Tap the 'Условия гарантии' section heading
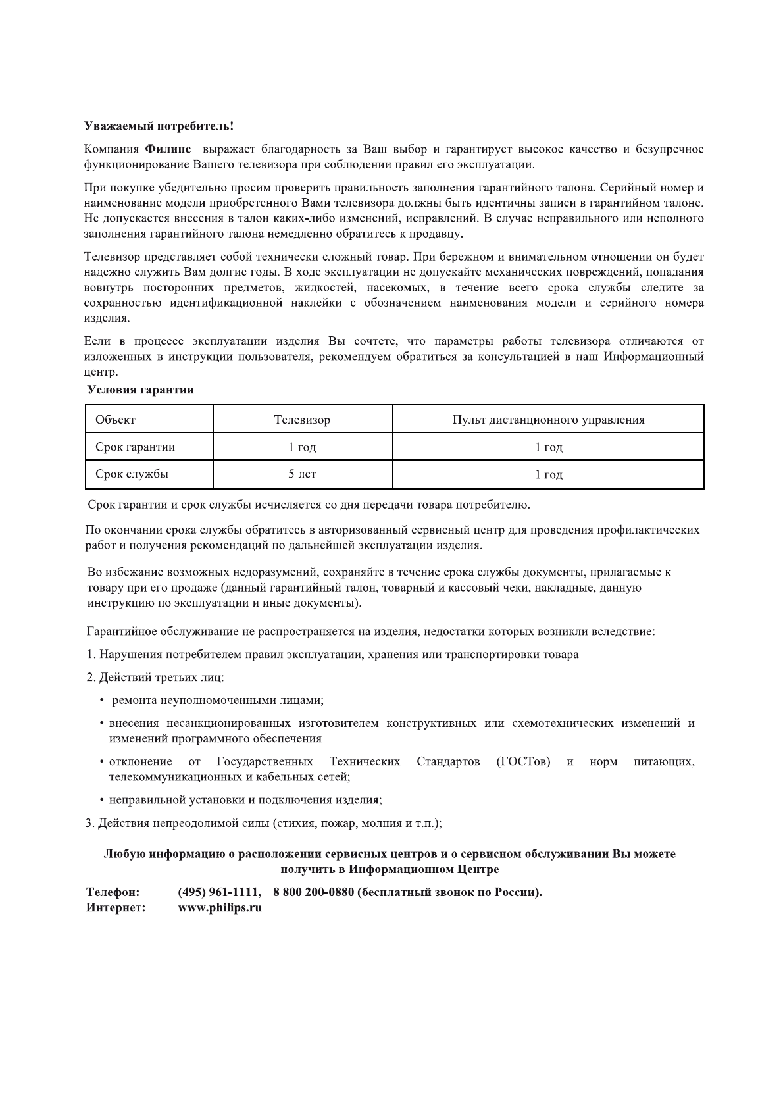(141, 390)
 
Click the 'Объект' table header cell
(115, 420)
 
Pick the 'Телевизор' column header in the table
(302, 420)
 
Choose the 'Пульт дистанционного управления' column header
(548, 420)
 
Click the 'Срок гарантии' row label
(135, 447)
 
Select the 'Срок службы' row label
(132, 474)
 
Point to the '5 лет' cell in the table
(302, 474)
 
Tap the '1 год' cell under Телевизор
(302, 447)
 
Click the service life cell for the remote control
(548, 474)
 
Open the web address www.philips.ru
(220, 908)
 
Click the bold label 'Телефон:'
(113, 892)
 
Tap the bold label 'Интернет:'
(116, 908)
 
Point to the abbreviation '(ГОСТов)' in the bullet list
(524, 761)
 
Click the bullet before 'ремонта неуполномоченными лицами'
(102, 701)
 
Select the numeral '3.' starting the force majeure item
(91, 823)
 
